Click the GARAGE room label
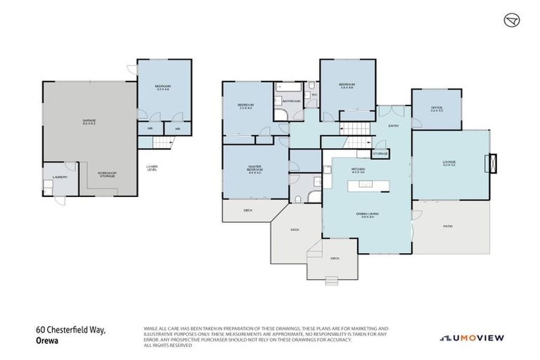(89, 122)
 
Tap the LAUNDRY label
(59, 176)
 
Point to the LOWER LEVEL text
(152, 167)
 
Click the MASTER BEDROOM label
(254, 170)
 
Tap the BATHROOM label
(291, 101)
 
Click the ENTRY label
(393, 125)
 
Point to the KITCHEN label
(359, 171)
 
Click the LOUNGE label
(449, 163)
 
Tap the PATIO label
(447, 226)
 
